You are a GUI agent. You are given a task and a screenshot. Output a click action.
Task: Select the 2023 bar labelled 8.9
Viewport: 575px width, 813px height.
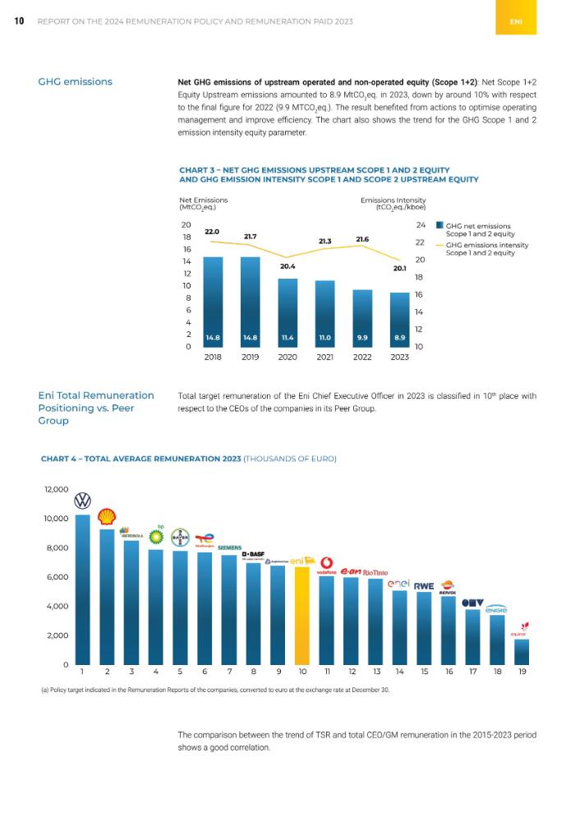click(399, 319)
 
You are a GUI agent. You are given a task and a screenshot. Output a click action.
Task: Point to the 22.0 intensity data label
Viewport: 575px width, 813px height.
click(212, 233)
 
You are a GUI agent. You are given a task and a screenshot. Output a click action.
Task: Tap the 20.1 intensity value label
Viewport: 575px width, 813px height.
click(399, 267)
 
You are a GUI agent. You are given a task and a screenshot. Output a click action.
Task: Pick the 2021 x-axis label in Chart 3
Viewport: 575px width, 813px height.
click(324, 358)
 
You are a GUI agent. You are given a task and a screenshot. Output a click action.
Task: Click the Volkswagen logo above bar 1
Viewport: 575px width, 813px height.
click(83, 501)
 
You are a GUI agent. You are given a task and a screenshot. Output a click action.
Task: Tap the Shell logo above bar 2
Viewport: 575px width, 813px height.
click(107, 516)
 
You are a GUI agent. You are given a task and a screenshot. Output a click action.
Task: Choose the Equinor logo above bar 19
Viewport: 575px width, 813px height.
click(519, 630)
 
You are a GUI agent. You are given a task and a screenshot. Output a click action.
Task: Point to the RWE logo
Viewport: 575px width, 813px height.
click(424, 586)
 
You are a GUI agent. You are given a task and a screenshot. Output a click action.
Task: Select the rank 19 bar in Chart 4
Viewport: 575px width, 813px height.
click(522, 651)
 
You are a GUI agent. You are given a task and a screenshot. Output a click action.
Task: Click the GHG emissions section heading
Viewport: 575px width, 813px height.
click(76, 81)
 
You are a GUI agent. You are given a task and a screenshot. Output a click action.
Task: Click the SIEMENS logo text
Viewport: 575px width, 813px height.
click(229, 547)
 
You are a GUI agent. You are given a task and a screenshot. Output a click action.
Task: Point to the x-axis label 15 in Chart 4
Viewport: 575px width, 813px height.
click(425, 672)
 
